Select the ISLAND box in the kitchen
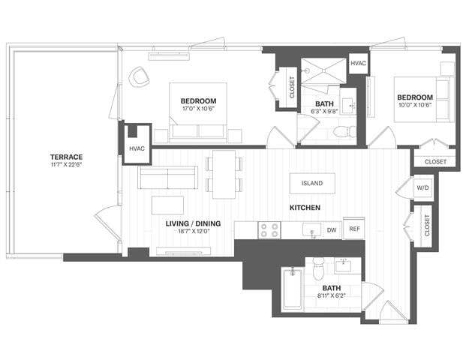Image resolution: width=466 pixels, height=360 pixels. click(x=311, y=183)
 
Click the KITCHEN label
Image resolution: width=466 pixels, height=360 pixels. click(x=306, y=207)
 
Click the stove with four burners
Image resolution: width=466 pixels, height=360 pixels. click(x=269, y=229)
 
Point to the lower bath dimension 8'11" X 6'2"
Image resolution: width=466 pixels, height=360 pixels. click(x=331, y=295)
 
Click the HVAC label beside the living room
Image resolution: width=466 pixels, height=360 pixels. click(x=137, y=148)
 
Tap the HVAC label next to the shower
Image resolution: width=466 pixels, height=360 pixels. click(x=359, y=63)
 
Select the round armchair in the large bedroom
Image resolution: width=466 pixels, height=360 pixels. click(x=140, y=76)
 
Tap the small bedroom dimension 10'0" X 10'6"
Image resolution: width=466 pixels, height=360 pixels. click(x=414, y=106)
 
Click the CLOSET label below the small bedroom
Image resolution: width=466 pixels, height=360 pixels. click(x=434, y=161)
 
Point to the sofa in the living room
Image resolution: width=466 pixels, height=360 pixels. click(x=168, y=178)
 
